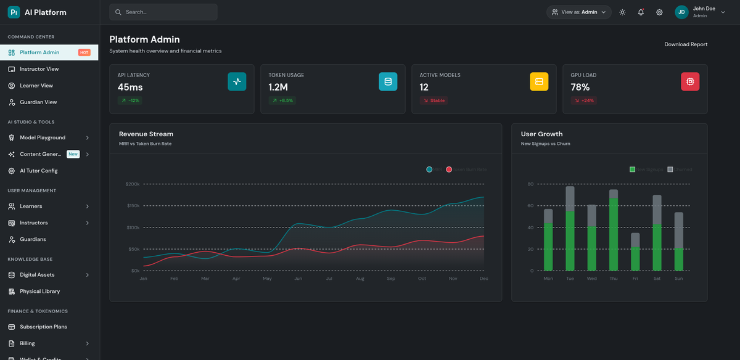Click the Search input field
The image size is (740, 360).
[163, 12]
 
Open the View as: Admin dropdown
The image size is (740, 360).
[578, 12]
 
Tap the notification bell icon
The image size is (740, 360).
[641, 12]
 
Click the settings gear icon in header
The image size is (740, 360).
[659, 12]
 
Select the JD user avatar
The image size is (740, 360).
[681, 12]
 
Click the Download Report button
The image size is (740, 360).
[686, 44]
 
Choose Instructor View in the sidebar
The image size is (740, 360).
[39, 69]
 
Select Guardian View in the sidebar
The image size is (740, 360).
[38, 102]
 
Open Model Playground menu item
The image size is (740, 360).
[43, 137]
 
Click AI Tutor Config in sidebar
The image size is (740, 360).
[38, 171]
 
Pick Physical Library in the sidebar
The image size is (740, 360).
[39, 291]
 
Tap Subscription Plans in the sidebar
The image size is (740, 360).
[43, 327]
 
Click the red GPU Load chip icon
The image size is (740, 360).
[689, 81]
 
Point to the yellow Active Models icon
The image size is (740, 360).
[538, 81]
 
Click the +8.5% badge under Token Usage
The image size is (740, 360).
[282, 100]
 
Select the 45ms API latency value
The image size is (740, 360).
[130, 88]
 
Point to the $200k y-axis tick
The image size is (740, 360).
[133, 184]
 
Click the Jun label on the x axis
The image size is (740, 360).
[298, 279]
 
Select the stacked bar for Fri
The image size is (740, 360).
[635, 252]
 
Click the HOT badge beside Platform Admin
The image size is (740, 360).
[84, 52]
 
